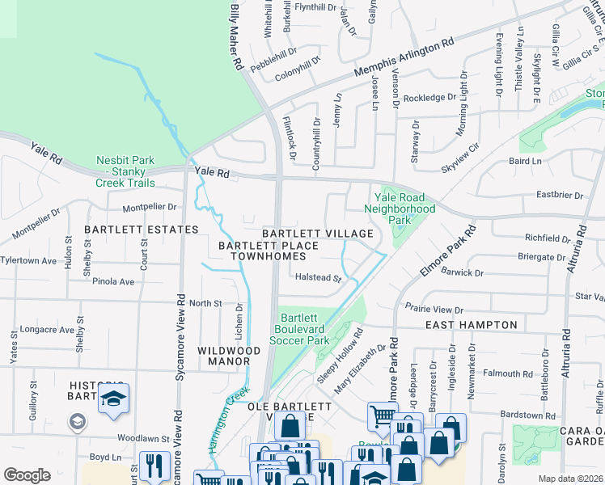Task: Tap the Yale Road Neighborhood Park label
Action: click(x=400, y=209)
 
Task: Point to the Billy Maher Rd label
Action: click(x=237, y=36)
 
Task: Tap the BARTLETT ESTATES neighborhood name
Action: click(x=142, y=230)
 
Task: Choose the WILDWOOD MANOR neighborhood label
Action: click(x=229, y=356)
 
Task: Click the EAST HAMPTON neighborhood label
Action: click(x=471, y=325)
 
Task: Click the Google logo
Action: click(x=27, y=474)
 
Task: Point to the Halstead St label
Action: click(x=317, y=277)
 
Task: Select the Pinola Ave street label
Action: click(x=113, y=282)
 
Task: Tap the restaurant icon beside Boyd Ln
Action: click(x=150, y=465)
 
